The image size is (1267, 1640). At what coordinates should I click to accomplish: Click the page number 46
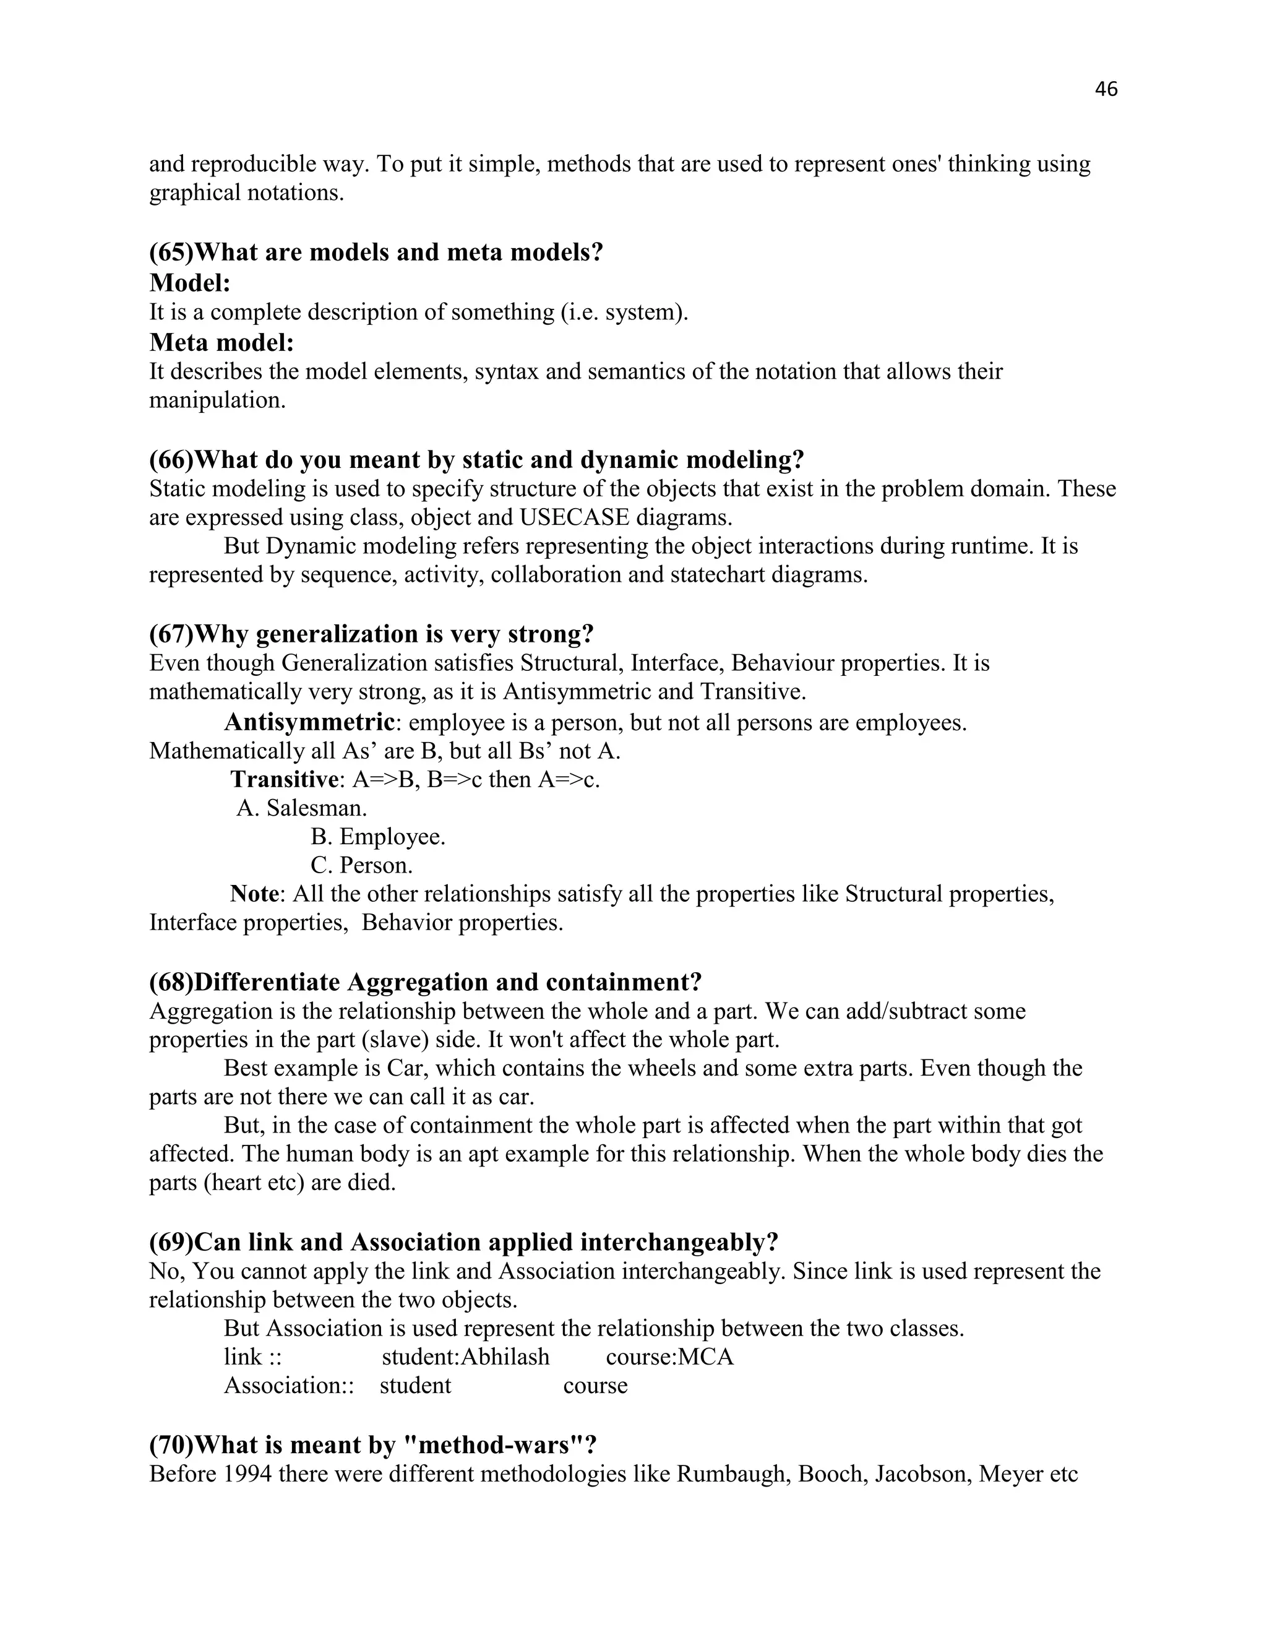coord(1106,89)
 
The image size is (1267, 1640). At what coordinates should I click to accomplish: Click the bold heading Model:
coord(190,283)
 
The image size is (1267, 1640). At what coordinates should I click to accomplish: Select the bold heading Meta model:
coord(221,342)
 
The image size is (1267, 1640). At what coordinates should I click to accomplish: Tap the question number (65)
coord(171,252)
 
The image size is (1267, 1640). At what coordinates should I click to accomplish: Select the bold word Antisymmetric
coord(309,722)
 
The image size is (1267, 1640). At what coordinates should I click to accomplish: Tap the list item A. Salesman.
coord(301,808)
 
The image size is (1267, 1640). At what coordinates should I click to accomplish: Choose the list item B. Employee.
coord(377,837)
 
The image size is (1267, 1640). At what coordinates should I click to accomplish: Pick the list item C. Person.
coord(361,865)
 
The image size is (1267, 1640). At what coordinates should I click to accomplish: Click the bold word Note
coord(254,894)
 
